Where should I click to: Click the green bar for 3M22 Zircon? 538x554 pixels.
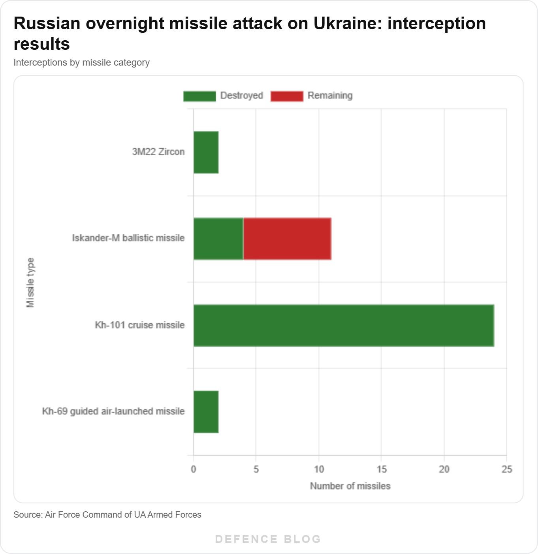click(206, 152)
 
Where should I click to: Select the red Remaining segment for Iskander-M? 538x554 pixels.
click(288, 239)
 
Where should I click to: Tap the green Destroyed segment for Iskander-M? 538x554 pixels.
click(218, 239)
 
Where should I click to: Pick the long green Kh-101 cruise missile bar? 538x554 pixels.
click(344, 325)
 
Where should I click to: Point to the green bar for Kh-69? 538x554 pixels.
click(206, 412)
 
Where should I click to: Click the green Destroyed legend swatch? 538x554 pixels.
click(199, 96)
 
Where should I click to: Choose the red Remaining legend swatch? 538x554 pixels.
click(287, 96)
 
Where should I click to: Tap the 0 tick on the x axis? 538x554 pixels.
click(194, 469)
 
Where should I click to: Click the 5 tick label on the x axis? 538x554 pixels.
click(256, 469)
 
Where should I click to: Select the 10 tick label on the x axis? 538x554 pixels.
click(319, 469)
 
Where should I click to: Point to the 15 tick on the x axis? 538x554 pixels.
click(382, 469)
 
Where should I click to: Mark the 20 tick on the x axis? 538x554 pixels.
click(444, 469)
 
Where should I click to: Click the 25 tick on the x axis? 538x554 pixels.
click(507, 469)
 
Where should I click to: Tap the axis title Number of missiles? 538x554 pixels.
click(350, 486)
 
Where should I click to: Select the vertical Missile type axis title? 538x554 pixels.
click(30, 283)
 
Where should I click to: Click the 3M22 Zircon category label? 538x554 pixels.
click(158, 152)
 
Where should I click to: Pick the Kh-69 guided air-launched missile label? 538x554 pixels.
click(113, 411)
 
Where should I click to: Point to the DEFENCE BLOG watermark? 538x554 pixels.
click(268, 539)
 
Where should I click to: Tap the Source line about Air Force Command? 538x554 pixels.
click(107, 515)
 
